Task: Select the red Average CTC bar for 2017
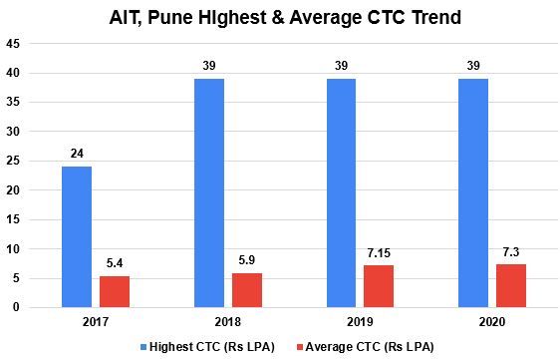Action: (x=115, y=291)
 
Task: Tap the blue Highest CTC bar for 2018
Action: (x=209, y=192)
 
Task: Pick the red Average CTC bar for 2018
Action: (x=247, y=289)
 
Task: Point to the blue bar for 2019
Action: (x=341, y=192)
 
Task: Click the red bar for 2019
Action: (x=379, y=286)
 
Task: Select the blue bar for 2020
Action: (x=473, y=192)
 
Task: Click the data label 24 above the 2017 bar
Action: (x=77, y=155)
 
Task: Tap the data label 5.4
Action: (x=115, y=263)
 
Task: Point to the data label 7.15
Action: (x=379, y=253)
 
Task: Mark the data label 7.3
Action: (x=511, y=252)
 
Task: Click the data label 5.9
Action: (x=247, y=260)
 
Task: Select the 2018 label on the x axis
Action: (x=228, y=322)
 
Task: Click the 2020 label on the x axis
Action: (x=492, y=322)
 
